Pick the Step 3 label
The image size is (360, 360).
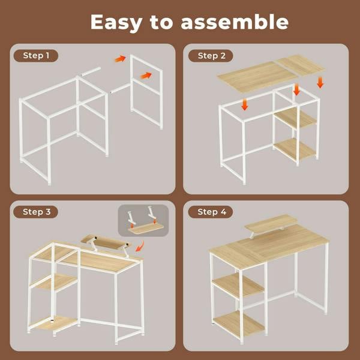click(x=40, y=212)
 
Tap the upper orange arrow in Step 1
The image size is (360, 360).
click(x=121, y=59)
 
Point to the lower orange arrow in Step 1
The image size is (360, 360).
click(x=146, y=75)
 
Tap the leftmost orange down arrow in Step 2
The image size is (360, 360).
click(x=245, y=104)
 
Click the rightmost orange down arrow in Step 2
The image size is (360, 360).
click(x=320, y=81)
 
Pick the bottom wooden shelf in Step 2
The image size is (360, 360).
click(x=295, y=148)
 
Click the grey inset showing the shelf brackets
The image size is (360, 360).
click(x=143, y=221)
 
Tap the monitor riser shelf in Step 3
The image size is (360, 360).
click(x=104, y=242)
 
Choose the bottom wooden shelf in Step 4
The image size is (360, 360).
click(x=240, y=323)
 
